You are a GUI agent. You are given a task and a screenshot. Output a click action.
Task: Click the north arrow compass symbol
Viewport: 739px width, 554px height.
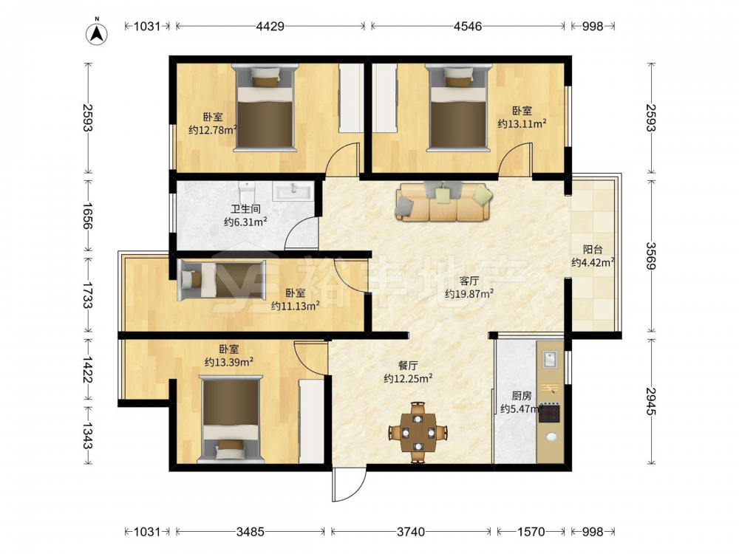(x=97, y=33)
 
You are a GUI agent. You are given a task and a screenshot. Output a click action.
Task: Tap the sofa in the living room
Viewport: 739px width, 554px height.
(x=443, y=202)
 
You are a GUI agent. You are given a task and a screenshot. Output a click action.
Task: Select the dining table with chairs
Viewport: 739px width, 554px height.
(x=418, y=432)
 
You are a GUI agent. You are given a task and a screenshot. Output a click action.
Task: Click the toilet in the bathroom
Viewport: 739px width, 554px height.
(x=247, y=193)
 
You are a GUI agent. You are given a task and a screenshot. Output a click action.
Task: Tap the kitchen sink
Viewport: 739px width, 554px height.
(x=550, y=360)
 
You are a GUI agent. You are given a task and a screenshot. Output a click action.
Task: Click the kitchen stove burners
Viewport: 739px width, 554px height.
(x=549, y=413)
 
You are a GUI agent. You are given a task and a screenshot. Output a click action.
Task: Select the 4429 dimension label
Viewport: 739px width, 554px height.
(x=270, y=27)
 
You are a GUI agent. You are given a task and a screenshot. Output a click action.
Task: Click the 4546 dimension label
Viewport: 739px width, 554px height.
(x=468, y=27)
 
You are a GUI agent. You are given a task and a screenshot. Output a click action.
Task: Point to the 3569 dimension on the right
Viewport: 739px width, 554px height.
(x=651, y=256)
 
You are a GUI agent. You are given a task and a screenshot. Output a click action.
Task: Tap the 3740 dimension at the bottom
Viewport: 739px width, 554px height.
(x=410, y=532)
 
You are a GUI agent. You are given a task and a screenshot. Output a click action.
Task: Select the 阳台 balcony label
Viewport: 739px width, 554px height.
(x=593, y=250)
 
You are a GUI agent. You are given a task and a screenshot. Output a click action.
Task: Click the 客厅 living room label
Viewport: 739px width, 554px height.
(x=469, y=281)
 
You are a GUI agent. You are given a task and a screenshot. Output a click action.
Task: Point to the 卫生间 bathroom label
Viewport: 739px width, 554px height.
(x=245, y=209)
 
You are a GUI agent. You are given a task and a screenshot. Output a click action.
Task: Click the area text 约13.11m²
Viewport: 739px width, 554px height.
(x=522, y=124)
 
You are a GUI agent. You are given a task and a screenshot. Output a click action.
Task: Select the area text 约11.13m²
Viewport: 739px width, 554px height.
(x=296, y=307)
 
